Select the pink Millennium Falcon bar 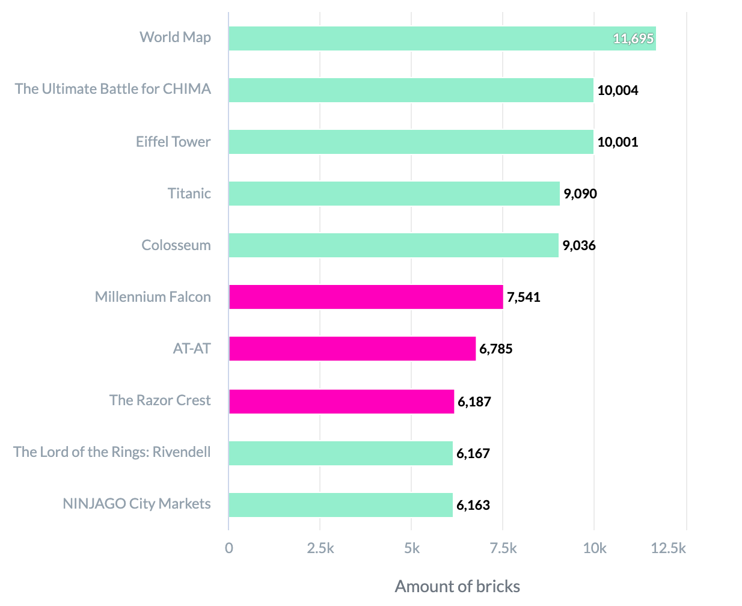pos(366,297)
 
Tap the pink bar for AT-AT pos(352,349)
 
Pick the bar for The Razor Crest pos(341,402)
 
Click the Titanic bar pos(394,194)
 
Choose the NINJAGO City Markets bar pos(340,505)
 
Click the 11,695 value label pos(633,39)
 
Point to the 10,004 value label pos(618,91)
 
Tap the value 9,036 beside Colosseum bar pos(578,245)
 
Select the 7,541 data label pos(523,297)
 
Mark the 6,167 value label pos(473,453)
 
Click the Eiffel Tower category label pos(173,142)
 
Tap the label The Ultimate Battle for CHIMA pos(113,89)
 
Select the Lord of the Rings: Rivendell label pos(112,452)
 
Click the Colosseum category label pos(176,245)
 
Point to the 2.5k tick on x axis pos(320,548)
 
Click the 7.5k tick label pos(503,548)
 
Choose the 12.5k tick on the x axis pos(667,548)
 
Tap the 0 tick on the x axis pos(228,548)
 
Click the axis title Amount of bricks pos(457,586)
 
